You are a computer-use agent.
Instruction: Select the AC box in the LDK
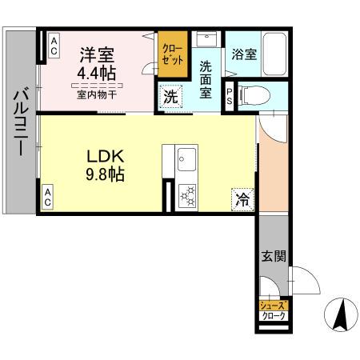[x=49, y=198]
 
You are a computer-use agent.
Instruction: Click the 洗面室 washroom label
[x=206, y=80]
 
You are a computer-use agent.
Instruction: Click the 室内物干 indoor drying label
[x=97, y=94]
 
